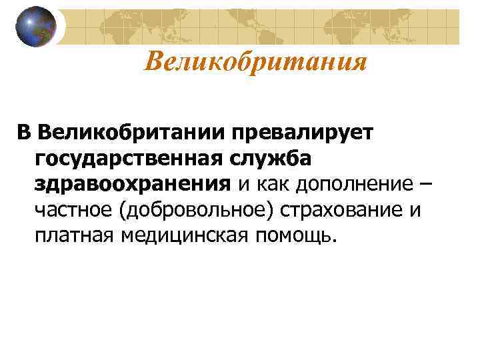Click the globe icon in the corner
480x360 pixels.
point(36,26)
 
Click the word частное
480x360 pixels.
point(73,211)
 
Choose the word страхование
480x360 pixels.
point(345,211)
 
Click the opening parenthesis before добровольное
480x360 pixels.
point(122,211)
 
